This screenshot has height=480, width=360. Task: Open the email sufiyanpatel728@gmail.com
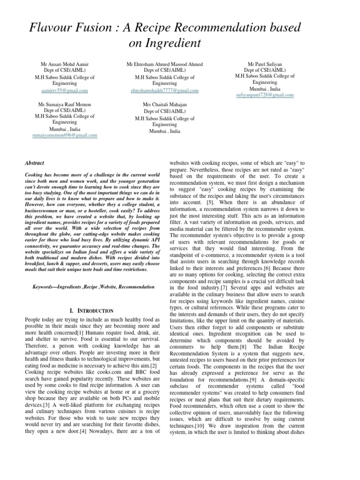(265, 95)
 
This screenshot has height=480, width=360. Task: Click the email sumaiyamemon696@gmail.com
(65, 135)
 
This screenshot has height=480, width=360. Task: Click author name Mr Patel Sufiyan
(265, 63)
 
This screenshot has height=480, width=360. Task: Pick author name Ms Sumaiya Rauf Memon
(65, 104)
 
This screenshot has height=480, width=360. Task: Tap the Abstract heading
(35, 163)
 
